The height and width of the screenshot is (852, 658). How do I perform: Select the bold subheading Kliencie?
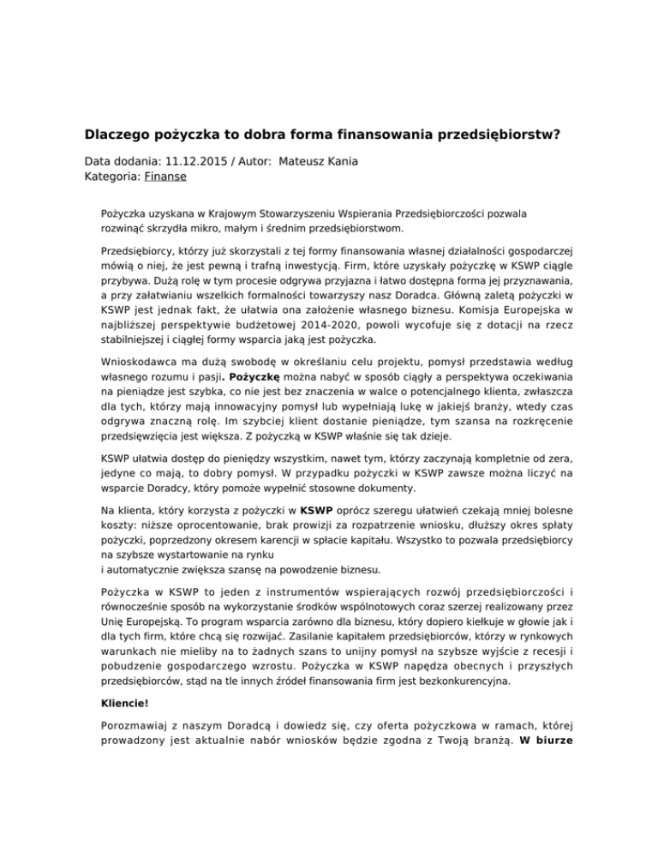126,728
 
